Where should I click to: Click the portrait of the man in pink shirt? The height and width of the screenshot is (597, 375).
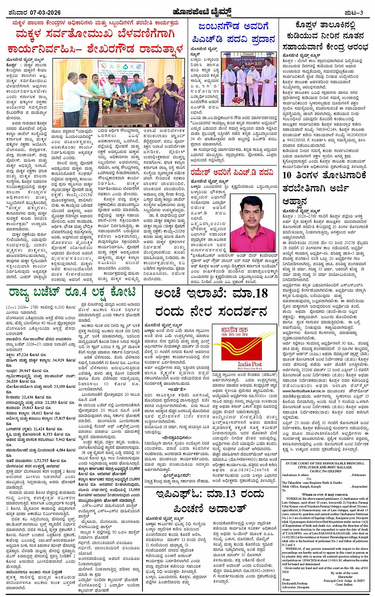(x=253, y=222)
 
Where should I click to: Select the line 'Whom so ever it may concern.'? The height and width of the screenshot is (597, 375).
(x=324, y=495)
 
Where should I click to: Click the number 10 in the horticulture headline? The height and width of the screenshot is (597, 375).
(x=287, y=175)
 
